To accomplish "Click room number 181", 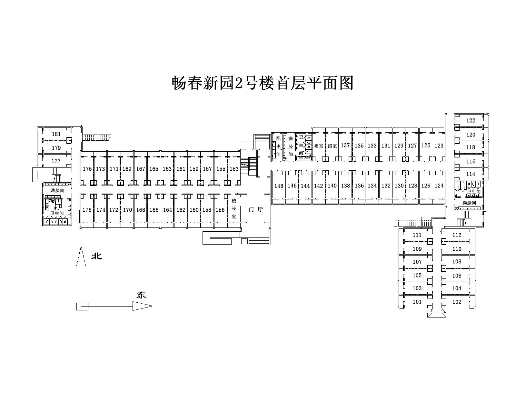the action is tap(56, 134).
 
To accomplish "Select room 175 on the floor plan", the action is tap(87, 169).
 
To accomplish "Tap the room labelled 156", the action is tap(220, 210).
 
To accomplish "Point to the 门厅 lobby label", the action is tap(256, 209).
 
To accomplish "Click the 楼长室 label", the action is tap(234, 208).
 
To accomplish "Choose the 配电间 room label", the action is tap(278, 146).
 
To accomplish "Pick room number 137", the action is tap(345, 145).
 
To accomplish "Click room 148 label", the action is tap(279, 186).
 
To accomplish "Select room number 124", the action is tap(439, 186).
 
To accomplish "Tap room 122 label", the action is tap(471, 120).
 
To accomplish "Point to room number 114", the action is tap(471, 174).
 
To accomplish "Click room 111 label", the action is tap(417, 235).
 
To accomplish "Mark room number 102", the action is tap(457, 302).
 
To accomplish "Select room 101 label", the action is tap(417, 302).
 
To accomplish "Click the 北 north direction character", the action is tap(97, 256).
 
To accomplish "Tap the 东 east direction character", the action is tap(141, 295).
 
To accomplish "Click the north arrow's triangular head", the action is tap(81, 256).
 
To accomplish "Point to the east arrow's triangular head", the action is tap(143, 306).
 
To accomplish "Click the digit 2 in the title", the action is tap(238, 83).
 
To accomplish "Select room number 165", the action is tap(154, 169).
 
